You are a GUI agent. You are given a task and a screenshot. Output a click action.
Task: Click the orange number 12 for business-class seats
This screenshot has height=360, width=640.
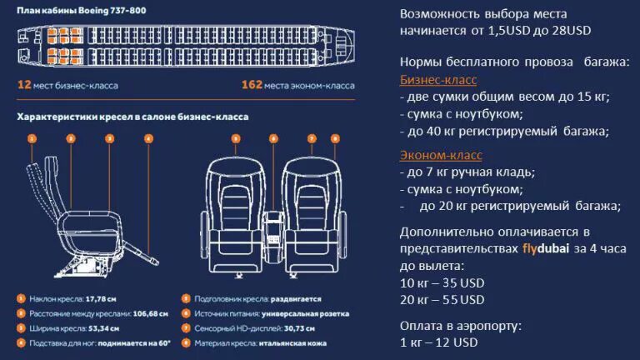(x=23, y=85)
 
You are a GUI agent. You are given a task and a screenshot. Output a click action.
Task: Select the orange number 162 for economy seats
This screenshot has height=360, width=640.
(x=252, y=85)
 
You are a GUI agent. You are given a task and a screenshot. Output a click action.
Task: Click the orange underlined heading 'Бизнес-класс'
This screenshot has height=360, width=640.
(x=438, y=79)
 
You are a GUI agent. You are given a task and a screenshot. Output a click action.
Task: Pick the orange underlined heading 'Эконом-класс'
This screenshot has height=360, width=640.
(x=441, y=155)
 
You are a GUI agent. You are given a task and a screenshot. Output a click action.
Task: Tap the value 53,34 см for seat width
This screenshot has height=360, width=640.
(x=102, y=328)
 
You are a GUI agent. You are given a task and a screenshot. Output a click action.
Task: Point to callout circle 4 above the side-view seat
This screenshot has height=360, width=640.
(x=148, y=138)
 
